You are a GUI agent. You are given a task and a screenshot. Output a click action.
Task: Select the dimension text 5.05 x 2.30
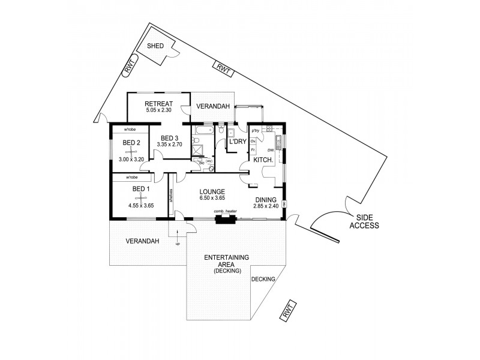tap(158, 110)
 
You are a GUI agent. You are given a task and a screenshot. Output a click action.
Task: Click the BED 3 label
tap(169, 137)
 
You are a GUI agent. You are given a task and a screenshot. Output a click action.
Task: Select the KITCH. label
tap(263, 160)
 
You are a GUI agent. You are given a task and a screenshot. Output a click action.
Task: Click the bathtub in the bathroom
tap(203, 130)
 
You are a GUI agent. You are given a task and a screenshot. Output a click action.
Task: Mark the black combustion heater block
tap(226, 219)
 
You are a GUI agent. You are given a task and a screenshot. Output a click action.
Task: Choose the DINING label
tap(266, 200)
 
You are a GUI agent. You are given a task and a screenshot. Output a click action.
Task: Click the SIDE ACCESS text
tap(365, 222)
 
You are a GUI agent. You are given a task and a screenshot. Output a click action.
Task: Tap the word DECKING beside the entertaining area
tap(263, 279)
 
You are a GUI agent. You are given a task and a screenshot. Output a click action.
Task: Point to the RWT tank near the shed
tap(130, 65)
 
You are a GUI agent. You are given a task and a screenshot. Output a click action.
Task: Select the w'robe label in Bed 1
tap(132, 178)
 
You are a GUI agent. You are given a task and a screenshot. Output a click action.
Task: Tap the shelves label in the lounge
tap(172, 197)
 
